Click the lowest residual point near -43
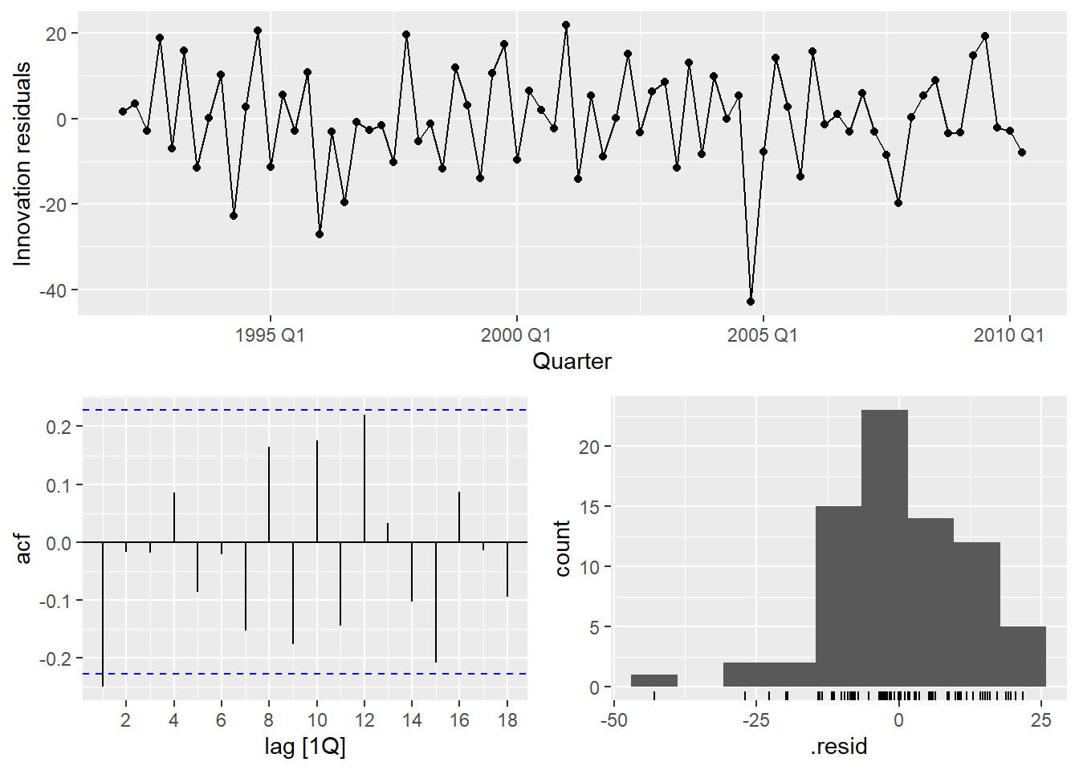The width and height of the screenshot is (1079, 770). click(751, 302)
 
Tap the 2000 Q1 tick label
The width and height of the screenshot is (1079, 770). click(516, 335)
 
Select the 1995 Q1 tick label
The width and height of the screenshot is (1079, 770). click(270, 335)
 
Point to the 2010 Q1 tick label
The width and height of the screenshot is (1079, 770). click(1009, 335)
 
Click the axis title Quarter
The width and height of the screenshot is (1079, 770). click(572, 362)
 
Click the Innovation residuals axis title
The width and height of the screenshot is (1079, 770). click(22, 164)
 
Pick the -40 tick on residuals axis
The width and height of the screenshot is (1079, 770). click(55, 290)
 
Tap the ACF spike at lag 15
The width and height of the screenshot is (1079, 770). click(436, 602)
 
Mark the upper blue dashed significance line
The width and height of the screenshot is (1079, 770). click(305, 410)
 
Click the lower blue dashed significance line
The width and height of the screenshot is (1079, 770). click(305, 674)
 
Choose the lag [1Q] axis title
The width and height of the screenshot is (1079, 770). click(305, 747)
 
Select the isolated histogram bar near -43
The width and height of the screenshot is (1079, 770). click(654, 681)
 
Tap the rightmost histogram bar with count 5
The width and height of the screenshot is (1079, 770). click(1023, 656)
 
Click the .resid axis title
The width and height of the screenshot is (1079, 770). click(839, 747)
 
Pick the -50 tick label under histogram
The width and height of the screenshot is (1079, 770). click(614, 720)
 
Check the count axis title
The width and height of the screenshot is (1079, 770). click(562, 549)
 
